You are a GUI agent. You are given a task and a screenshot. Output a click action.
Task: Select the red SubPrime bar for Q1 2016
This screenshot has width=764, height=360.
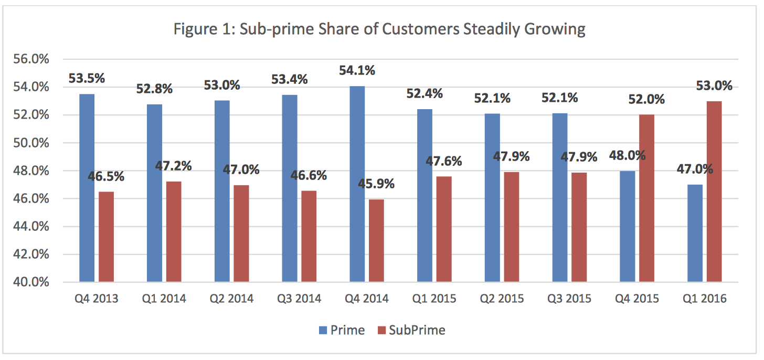tap(714, 192)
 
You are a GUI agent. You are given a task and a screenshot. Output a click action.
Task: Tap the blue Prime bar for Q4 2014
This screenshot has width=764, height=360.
tap(357, 184)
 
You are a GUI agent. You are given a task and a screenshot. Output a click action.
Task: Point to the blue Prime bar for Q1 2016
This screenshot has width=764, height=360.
tap(695, 233)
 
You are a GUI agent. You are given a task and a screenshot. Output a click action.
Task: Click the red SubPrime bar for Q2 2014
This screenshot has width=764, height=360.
tap(241, 234)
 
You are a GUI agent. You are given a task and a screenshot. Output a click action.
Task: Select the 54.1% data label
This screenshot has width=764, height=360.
tap(357, 70)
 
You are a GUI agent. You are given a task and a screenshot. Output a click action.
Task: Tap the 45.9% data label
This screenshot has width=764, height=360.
tap(377, 184)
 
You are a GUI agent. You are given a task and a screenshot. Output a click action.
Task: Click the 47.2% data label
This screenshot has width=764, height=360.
tap(174, 166)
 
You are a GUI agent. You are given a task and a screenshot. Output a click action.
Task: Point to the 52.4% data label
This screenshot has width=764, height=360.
tap(425, 94)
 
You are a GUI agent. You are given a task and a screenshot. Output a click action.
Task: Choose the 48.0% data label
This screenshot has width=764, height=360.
tap(627, 156)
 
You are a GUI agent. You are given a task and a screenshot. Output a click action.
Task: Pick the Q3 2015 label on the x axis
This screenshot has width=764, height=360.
tap(569, 299)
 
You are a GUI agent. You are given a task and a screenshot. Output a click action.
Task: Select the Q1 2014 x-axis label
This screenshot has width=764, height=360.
tap(164, 299)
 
